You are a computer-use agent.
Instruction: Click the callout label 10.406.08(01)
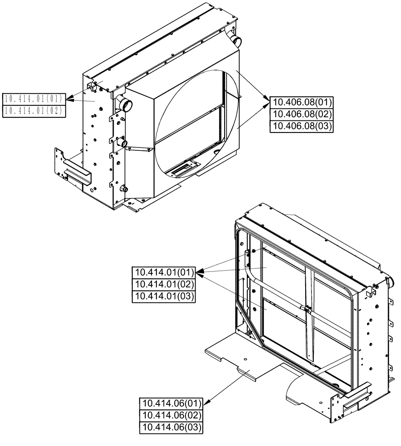pyautogui.click(x=302, y=102)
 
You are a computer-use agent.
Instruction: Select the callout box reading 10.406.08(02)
pyautogui.click(x=302, y=114)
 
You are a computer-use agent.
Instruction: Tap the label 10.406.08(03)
pyautogui.click(x=302, y=126)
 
